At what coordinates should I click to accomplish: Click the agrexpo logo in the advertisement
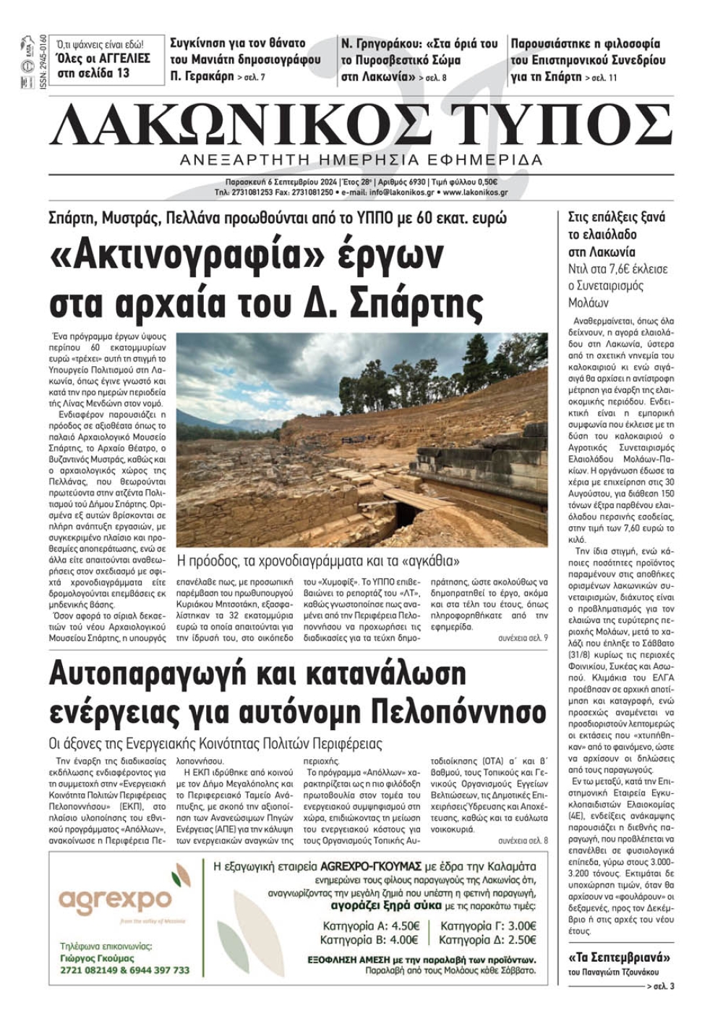(115, 900)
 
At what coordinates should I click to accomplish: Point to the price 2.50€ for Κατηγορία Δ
(521, 940)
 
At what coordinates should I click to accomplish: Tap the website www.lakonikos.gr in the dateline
(475, 192)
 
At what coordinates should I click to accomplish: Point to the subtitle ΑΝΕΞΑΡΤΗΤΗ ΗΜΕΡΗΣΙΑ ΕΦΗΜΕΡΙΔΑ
(361, 159)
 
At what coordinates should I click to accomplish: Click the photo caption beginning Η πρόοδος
(318, 561)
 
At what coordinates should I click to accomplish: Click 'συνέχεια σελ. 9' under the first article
(523, 638)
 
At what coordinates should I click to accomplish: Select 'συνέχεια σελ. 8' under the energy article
(523, 841)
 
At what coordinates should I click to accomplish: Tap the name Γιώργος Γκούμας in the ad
(98, 958)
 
